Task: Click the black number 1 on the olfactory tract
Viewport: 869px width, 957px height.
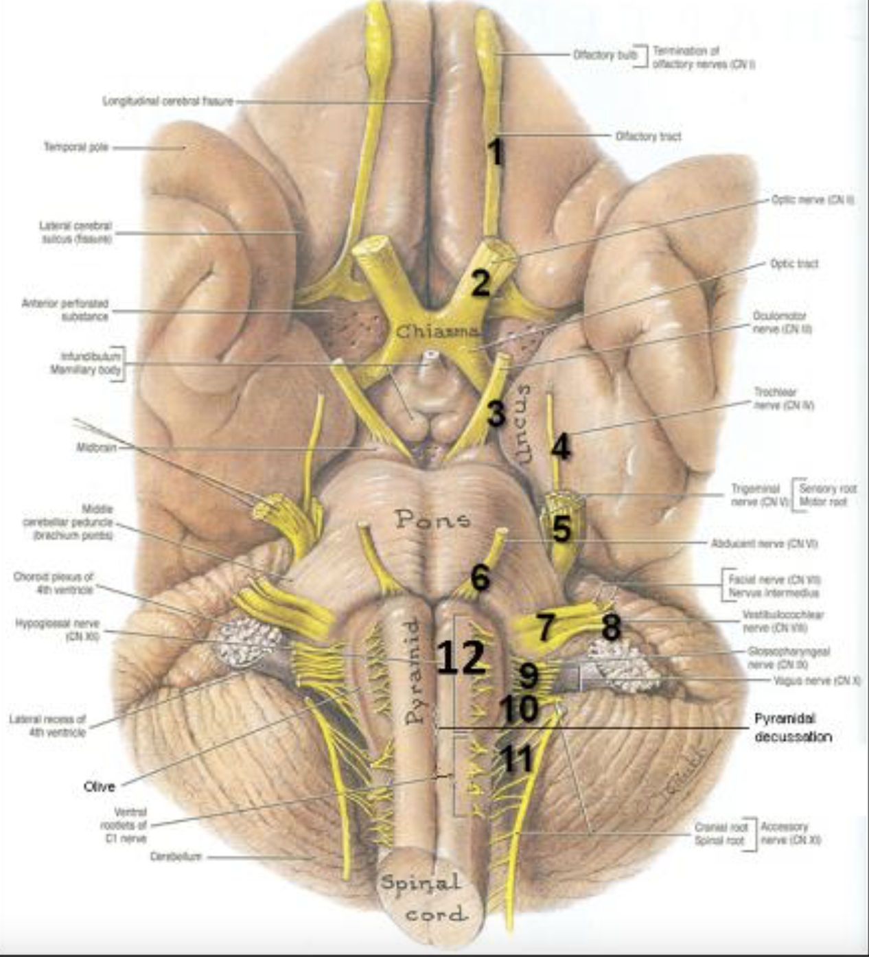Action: [496, 152]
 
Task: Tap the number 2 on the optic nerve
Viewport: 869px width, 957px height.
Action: [480, 284]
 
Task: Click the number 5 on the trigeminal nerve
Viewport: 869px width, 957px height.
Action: [561, 529]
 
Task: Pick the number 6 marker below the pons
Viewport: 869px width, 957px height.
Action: [479, 577]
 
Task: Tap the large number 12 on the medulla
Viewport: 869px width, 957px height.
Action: [461, 659]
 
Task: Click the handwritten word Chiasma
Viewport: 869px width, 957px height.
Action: [437, 332]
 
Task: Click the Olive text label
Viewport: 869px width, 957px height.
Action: [99, 787]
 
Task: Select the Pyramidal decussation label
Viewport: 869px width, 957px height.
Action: [793, 727]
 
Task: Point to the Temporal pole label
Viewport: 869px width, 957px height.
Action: [76, 147]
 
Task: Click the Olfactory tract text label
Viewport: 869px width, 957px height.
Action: [648, 136]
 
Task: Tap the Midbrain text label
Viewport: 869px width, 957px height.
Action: [97, 448]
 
